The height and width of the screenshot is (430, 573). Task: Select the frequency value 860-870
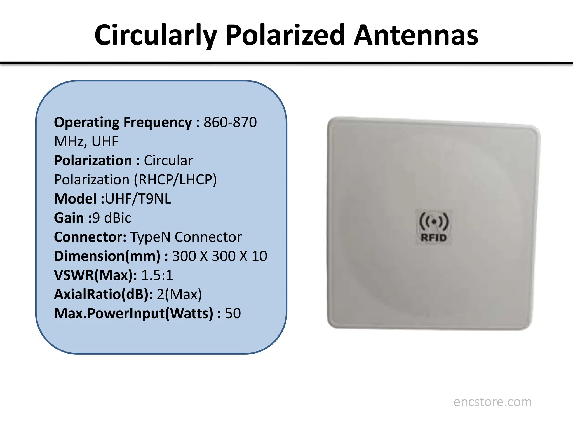click(x=230, y=122)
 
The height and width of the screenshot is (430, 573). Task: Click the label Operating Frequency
click(x=123, y=122)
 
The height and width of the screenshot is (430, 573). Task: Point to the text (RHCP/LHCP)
click(x=175, y=180)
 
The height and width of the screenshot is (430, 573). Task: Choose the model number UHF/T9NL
click(x=138, y=199)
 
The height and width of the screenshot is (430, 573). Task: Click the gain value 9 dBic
click(x=112, y=218)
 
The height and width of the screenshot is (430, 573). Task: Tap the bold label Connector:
click(x=90, y=237)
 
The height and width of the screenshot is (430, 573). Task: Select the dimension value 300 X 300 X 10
click(x=220, y=256)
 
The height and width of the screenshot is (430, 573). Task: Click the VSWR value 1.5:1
click(x=157, y=275)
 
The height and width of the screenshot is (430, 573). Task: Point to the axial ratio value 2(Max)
click(x=179, y=294)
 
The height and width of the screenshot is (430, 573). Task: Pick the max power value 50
click(x=233, y=314)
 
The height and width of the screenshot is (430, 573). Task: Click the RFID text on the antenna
click(x=433, y=238)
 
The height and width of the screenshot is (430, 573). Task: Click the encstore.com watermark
click(x=492, y=402)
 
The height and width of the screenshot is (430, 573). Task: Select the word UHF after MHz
click(x=105, y=141)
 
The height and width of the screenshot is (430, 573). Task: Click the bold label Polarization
click(x=93, y=161)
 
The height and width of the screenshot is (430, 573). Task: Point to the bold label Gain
click(x=69, y=218)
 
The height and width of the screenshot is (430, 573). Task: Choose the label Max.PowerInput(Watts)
click(x=133, y=314)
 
